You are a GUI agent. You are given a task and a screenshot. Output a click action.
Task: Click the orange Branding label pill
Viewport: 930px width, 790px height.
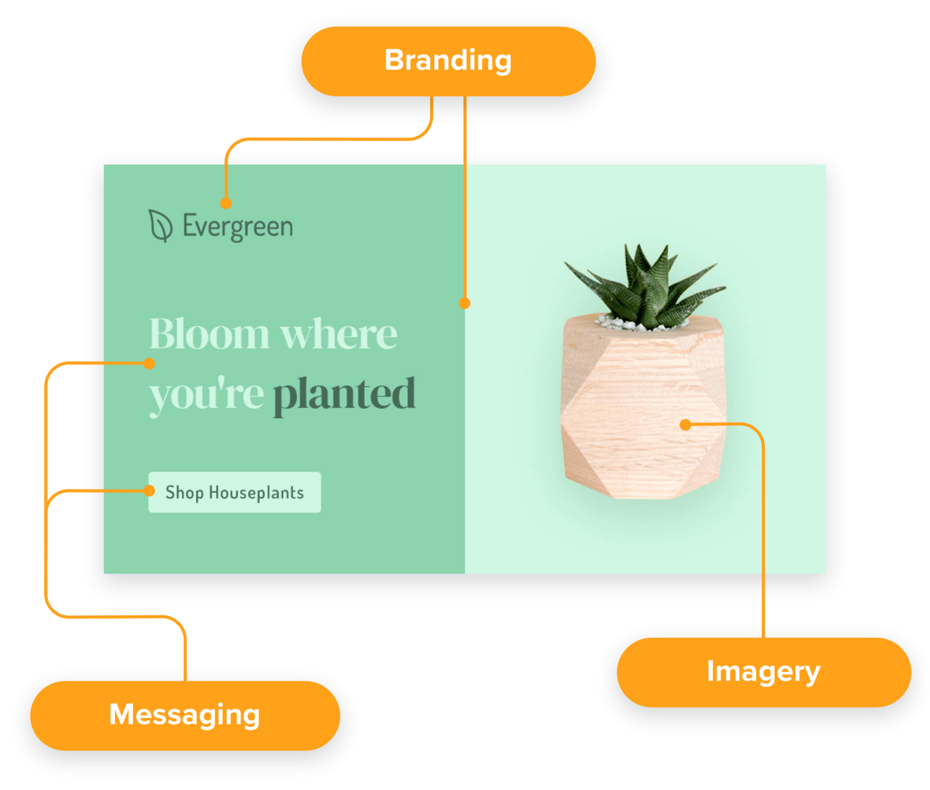(x=448, y=61)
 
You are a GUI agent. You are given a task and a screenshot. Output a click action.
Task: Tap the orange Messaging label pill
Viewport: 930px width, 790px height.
(x=185, y=715)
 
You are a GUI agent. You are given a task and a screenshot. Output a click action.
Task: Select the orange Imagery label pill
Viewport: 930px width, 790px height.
(x=763, y=672)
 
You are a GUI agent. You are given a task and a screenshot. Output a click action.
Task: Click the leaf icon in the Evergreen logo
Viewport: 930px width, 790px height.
(x=160, y=226)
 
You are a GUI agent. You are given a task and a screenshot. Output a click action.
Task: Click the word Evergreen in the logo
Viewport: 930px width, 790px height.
(x=238, y=227)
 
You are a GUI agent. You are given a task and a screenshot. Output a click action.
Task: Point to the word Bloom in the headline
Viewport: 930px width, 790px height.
(x=209, y=335)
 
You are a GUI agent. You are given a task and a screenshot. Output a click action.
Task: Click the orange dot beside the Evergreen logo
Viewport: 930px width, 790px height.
(x=226, y=203)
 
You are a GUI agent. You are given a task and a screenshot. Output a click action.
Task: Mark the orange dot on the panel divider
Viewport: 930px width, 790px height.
(x=464, y=303)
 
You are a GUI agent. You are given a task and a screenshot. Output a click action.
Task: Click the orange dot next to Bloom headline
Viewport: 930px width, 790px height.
(x=149, y=364)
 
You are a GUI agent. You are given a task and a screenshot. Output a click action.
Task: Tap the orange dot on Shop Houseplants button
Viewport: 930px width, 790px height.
(x=149, y=491)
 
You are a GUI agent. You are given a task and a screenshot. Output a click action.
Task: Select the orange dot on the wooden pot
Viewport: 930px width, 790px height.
(x=686, y=425)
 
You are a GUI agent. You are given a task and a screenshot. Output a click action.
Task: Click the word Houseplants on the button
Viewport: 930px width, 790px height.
(x=256, y=493)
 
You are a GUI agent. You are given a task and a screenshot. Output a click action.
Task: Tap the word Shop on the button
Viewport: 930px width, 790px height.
(x=184, y=493)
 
